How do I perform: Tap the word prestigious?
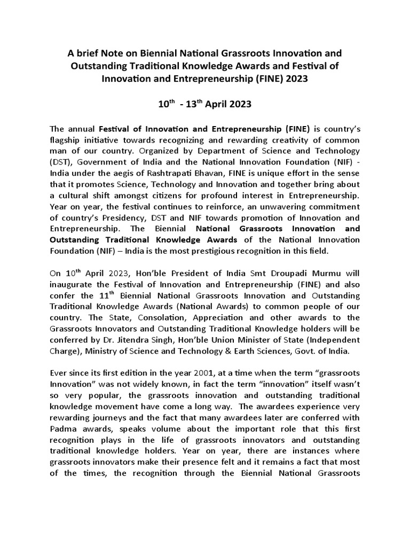click(226, 251)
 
